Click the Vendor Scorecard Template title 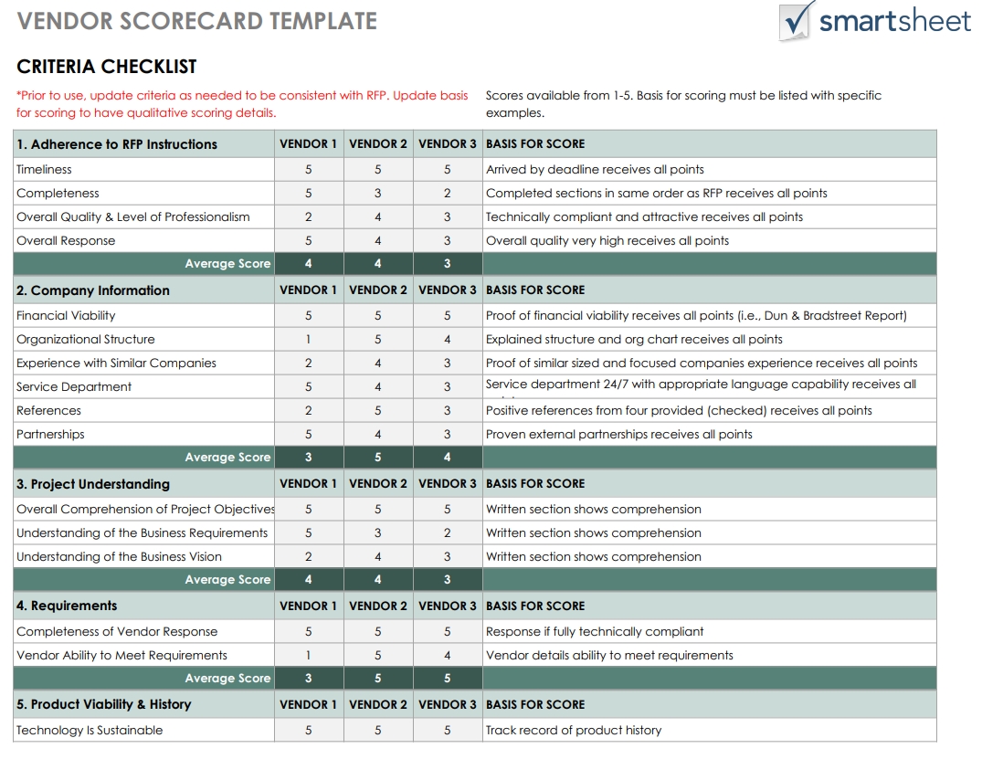[196, 21]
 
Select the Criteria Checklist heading [106, 67]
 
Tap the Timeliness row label [44, 169]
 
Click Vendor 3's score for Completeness [448, 193]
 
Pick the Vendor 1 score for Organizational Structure [308, 339]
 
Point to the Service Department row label [74, 386]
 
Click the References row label [48, 410]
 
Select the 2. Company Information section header [93, 290]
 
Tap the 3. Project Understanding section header [93, 484]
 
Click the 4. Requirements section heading [67, 606]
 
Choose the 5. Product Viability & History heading [104, 704]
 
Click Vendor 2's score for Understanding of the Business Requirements [377, 532]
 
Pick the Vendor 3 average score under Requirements [448, 679]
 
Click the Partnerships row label [50, 434]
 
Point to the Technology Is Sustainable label [90, 730]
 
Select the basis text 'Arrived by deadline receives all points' [595, 169]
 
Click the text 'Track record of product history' [574, 730]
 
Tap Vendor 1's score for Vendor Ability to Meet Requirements [308, 655]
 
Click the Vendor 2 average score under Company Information [377, 458]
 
